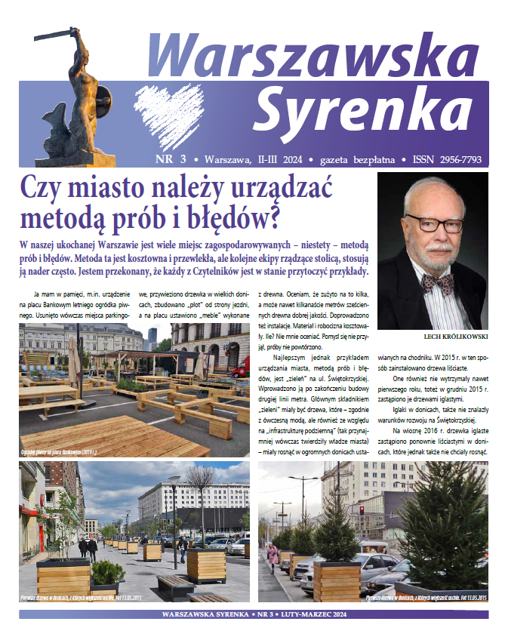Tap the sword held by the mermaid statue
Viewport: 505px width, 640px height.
53,35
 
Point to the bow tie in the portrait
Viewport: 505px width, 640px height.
436,283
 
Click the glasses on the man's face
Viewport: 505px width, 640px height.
436,223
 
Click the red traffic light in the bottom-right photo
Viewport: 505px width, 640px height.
361,510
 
